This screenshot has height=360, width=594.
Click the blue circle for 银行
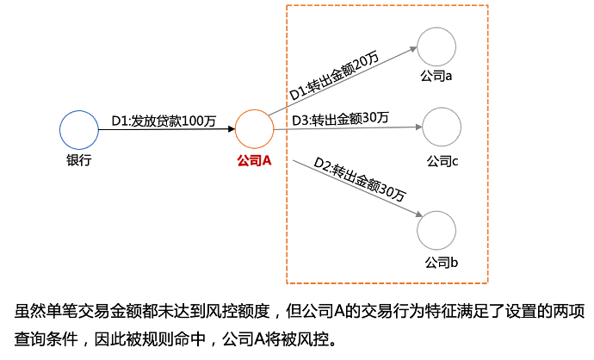click(x=78, y=130)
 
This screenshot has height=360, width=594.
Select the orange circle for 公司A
click(x=254, y=130)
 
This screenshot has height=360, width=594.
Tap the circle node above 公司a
click(x=436, y=47)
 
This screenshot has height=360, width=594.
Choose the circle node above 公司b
click(x=436, y=230)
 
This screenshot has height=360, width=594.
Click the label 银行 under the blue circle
click(x=78, y=160)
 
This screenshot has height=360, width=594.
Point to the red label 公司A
click(x=254, y=160)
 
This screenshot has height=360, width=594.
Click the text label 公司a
click(x=436, y=77)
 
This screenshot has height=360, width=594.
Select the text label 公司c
click(x=442, y=160)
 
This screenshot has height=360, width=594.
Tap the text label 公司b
click(x=441, y=261)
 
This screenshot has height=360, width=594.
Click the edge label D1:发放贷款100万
click(x=164, y=121)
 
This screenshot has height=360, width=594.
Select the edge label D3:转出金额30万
click(x=340, y=118)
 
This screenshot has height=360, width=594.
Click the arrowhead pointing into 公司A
click(x=231, y=130)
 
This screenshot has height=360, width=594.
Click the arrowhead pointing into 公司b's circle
click(x=415, y=214)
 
